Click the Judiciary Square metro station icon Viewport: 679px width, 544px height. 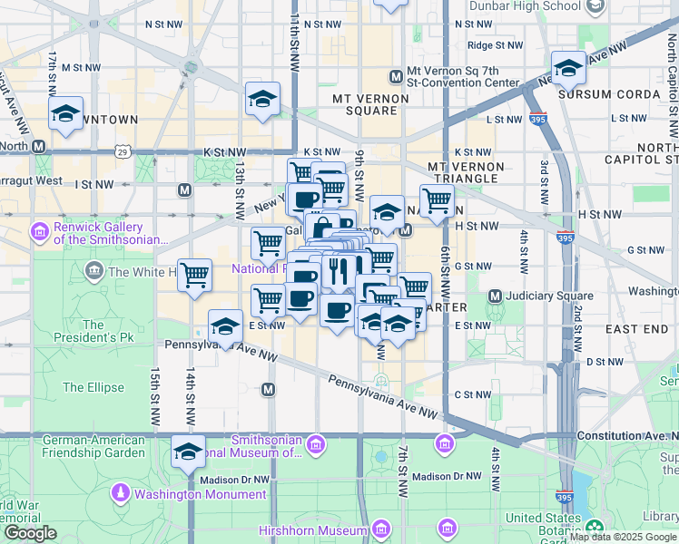click(x=496, y=296)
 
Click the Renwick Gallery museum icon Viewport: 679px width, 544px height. click(x=39, y=233)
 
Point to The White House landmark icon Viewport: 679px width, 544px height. click(x=93, y=271)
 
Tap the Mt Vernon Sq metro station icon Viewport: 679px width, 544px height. click(x=396, y=77)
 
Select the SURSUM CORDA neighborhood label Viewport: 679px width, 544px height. click(x=609, y=93)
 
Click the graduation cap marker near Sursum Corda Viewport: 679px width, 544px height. click(x=568, y=68)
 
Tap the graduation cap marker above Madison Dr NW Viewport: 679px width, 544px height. click(x=188, y=451)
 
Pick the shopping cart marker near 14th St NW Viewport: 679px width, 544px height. click(x=194, y=274)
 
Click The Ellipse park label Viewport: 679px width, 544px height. click(x=93, y=387)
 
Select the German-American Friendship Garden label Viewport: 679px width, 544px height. click(x=93, y=446)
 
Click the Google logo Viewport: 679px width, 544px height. click(x=31, y=533)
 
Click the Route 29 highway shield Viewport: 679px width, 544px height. click(x=123, y=151)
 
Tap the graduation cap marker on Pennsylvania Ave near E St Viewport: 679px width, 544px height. click(x=225, y=327)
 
